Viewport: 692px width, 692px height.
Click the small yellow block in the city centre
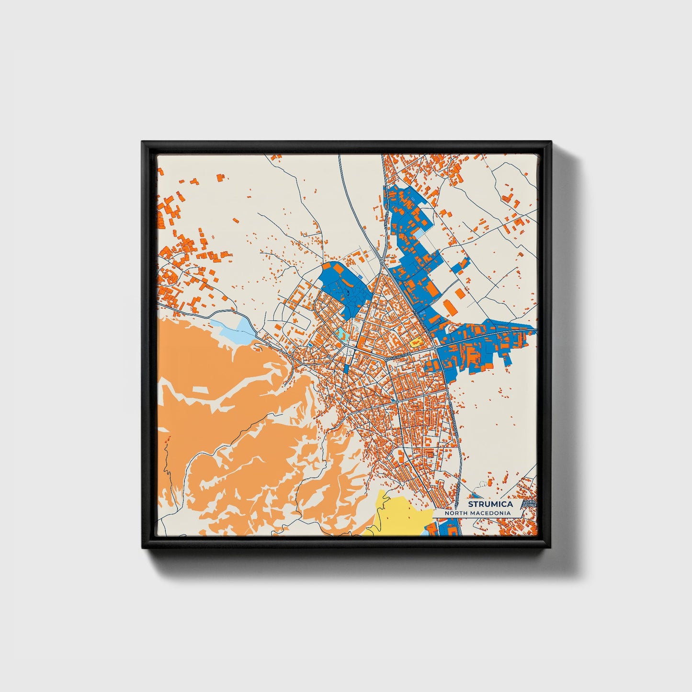point(415,342)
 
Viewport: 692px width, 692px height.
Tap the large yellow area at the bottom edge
point(397,515)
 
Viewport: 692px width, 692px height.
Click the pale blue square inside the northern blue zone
point(419,234)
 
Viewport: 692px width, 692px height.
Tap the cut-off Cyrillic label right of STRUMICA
point(530,504)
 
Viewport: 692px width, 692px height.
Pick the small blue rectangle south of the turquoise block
point(347,368)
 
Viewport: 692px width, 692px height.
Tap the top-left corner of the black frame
point(143,142)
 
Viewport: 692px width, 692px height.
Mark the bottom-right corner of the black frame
point(551,547)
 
